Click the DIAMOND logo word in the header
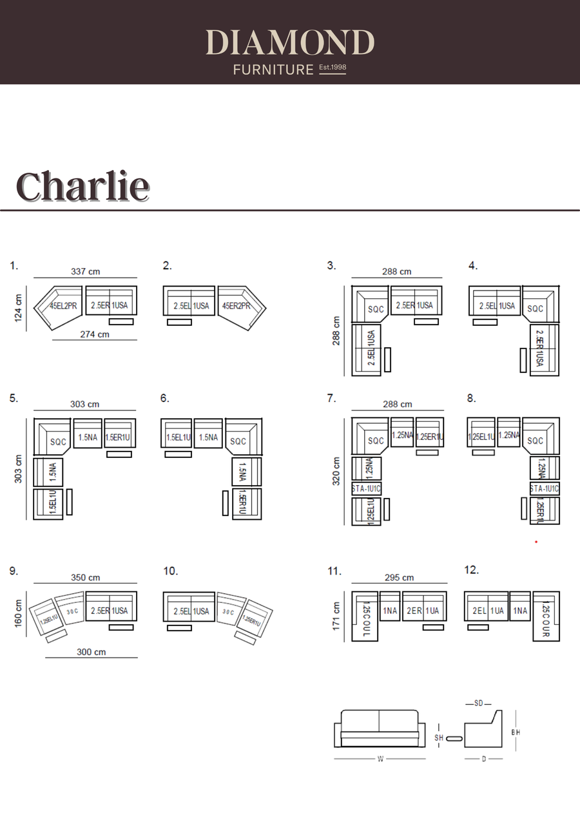290,43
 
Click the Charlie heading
82,186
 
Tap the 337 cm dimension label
86,272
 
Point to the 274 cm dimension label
95,334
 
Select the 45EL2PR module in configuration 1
63,306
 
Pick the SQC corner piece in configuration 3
375,309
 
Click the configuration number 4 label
472,265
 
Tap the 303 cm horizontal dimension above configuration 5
85,404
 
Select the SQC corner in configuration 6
238,441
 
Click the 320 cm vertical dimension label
336,472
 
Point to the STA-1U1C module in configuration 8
545,488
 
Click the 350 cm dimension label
86,578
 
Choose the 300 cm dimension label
92,652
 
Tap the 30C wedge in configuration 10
229,612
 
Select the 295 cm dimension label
399,578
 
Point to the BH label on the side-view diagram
516,732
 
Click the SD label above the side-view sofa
478,703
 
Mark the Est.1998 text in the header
333,68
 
